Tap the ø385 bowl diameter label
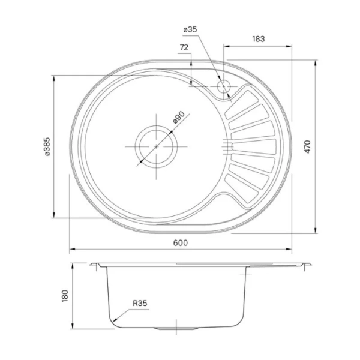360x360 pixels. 46,146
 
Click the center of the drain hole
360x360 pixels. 155,146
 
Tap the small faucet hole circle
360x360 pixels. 224,86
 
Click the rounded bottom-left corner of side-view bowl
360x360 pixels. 114,320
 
